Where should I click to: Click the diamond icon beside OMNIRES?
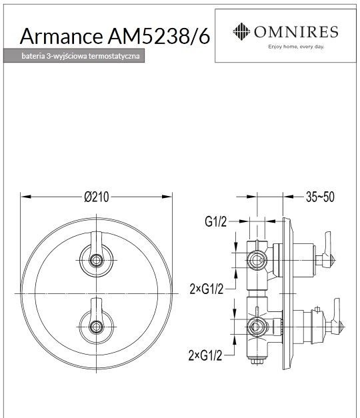tap(241, 31)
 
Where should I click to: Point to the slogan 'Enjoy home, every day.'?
tap(295, 47)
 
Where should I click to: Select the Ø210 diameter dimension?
tap(97, 197)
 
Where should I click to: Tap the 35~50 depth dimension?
tap(320, 197)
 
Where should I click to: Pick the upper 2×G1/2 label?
tap(206, 288)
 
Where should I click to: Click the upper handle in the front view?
tap(95, 257)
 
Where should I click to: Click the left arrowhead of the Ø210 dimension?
tap(23, 197)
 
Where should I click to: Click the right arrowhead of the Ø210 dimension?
tap(170, 197)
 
